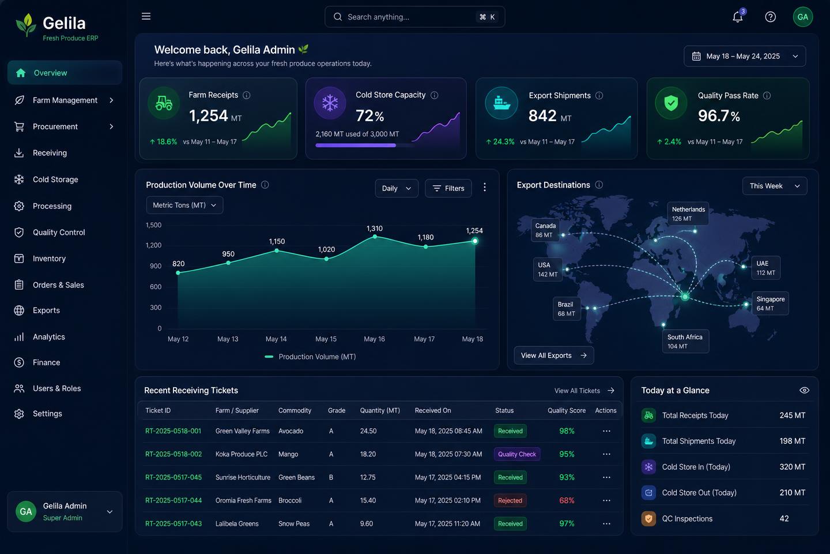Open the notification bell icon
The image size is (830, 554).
point(738,17)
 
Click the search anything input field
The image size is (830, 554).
point(414,17)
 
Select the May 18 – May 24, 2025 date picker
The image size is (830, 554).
point(745,57)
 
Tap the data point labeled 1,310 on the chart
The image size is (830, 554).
point(375,237)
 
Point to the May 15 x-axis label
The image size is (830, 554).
point(326,339)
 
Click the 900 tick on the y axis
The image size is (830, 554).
point(156,266)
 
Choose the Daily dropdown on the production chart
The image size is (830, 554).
point(397,189)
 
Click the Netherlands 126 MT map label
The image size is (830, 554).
point(688,214)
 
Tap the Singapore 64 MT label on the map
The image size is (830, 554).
point(770,304)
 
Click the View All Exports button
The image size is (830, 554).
point(553,355)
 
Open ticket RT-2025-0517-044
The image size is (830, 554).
point(173,500)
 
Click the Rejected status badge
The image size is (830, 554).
point(510,500)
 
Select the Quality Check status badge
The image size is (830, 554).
point(517,454)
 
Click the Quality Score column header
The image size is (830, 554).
point(567,410)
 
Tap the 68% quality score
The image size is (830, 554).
point(567,500)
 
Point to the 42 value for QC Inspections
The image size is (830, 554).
point(784,519)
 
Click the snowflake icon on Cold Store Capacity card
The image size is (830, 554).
point(330,103)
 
